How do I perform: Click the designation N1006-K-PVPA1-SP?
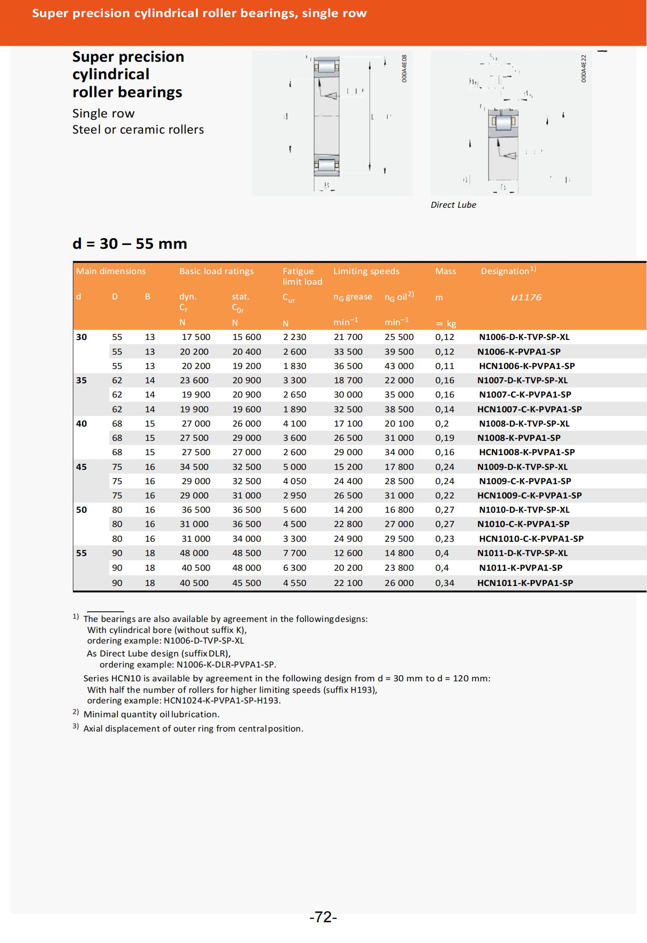pos(519,351)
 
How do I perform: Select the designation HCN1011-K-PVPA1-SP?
pos(525,583)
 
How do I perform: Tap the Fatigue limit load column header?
pos(302,276)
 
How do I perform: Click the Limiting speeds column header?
pos(366,271)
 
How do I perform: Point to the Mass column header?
pos(445,271)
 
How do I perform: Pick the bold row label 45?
pos(81,467)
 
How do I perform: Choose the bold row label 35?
pos(81,380)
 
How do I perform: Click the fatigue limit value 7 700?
pos(294,553)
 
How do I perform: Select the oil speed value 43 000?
pos(399,366)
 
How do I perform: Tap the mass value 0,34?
pos(445,583)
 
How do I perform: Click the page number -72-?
pos(323,917)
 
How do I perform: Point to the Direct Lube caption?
pos(453,205)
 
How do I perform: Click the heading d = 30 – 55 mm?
pos(130,243)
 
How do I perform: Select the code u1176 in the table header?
pos(526,297)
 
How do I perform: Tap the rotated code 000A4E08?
pos(404,69)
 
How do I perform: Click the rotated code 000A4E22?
pos(584,69)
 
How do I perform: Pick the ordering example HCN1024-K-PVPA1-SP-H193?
pos(222,701)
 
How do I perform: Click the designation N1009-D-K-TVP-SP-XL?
pos(522,467)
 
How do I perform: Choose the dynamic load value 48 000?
pos(194,553)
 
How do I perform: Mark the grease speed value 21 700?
pos(348,337)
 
